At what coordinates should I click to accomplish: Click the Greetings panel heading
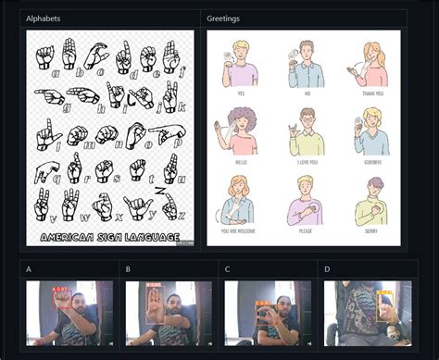(223, 19)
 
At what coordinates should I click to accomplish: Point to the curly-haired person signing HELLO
(241, 130)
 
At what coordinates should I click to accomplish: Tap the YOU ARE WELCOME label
(242, 230)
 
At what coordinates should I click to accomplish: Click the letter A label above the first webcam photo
(29, 270)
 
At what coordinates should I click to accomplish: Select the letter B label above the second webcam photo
(128, 270)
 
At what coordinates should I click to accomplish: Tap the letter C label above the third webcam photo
(228, 270)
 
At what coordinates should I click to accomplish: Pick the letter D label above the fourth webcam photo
(327, 270)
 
